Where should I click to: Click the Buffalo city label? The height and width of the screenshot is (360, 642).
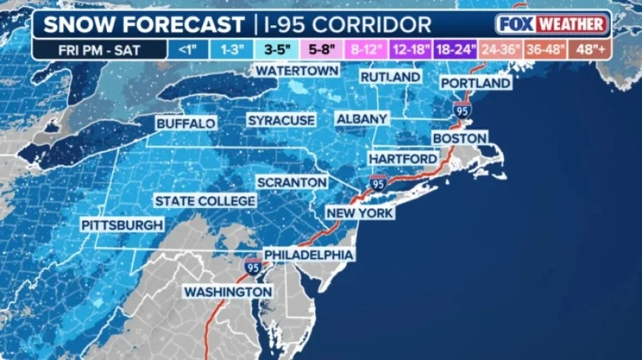click(x=186, y=123)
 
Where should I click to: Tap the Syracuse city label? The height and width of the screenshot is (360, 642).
click(x=281, y=120)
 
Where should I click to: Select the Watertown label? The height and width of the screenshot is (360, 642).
click(x=297, y=70)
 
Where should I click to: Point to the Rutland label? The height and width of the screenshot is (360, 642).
click(x=390, y=77)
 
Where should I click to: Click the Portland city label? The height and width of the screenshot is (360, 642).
click(x=476, y=83)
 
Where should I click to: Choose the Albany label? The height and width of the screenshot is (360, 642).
click(x=362, y=119)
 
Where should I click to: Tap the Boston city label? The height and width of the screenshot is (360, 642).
click(x=459, y=138)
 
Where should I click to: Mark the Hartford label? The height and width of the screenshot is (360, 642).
click(x=403, y=159)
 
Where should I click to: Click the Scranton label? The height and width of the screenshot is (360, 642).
click(x=291, y=181)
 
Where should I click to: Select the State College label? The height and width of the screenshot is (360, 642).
click(x=205, y=201)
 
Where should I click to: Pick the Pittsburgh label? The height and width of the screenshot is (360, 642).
click(x=122, y=224)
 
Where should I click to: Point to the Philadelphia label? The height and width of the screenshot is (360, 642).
click(x=308, y=255)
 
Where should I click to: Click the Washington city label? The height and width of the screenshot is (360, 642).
click(x=228, y=292)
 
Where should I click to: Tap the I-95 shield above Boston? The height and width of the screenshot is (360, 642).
click(x=463, y=110)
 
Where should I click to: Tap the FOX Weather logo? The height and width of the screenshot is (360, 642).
click(x=552, y=24)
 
